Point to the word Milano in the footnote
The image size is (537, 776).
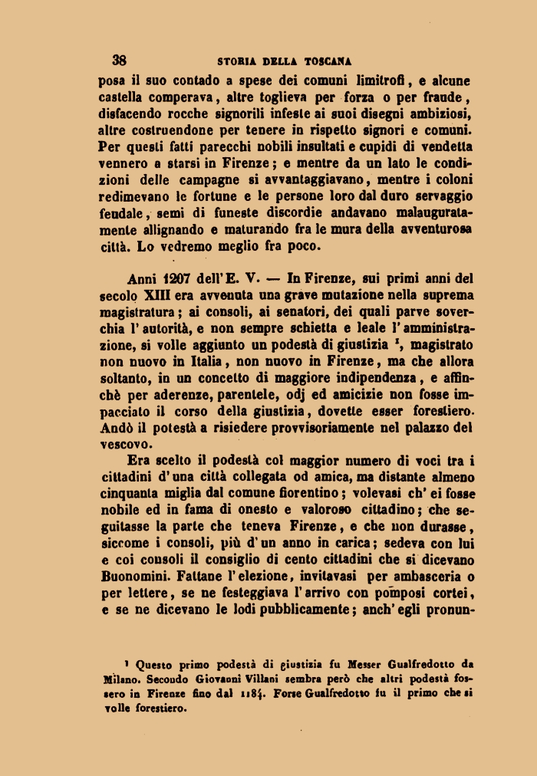pos(118,679)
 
